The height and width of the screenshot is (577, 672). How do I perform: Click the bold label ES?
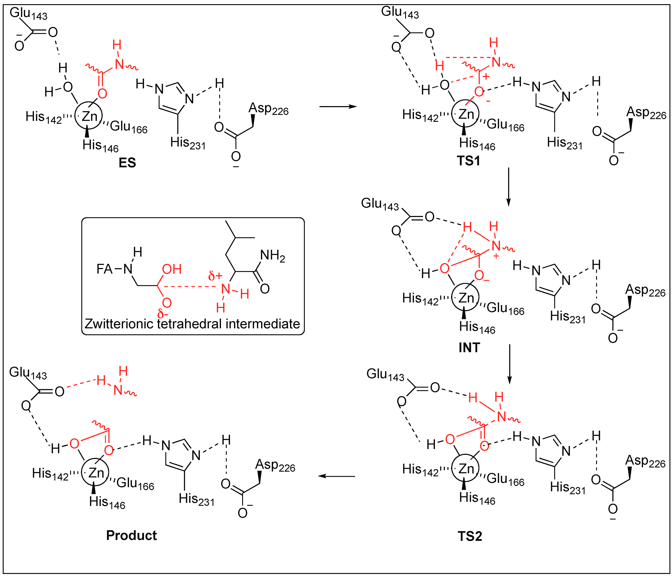[x=127, y=162]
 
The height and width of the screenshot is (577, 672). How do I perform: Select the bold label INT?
[x=469, y=348]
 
